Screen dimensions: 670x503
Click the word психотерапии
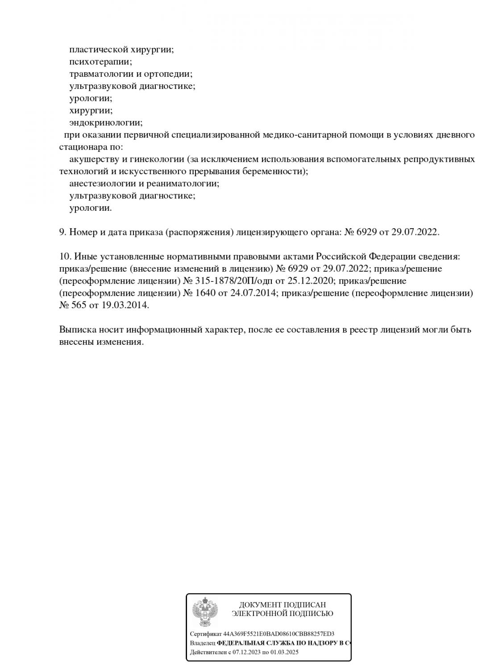coord(100,62)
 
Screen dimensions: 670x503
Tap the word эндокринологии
coord(105,122)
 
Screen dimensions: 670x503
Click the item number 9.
coord(62,232)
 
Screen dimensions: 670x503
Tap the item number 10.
coord(65,257)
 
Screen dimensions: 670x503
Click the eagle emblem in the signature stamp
coord(205,612)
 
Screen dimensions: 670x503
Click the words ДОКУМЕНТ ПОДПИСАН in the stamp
coord(282,605)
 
